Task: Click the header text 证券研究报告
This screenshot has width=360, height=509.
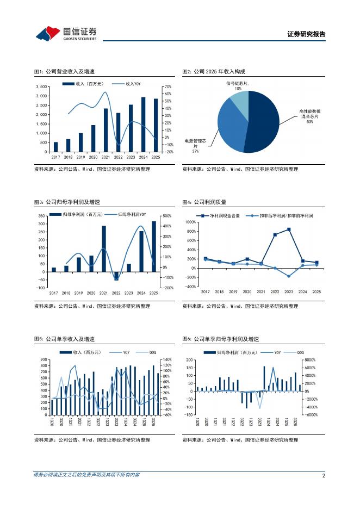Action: click(x=306, y=34)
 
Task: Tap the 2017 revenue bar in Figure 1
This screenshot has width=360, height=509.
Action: click(x=55, y=147)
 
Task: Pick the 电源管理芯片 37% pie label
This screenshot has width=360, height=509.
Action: click(x=196, y=146)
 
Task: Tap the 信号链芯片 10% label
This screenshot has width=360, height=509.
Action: click(x=238, y=86)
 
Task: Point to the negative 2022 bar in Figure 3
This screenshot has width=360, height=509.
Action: click(x=116, y=276)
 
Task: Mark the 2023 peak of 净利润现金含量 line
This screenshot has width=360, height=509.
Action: click(x=289, y=229)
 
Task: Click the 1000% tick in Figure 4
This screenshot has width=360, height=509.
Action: click(x=190, y=222)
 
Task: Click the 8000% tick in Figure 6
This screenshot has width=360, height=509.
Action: click(x=311, y=360)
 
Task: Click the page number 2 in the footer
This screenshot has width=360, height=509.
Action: click(x=324, y=475)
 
